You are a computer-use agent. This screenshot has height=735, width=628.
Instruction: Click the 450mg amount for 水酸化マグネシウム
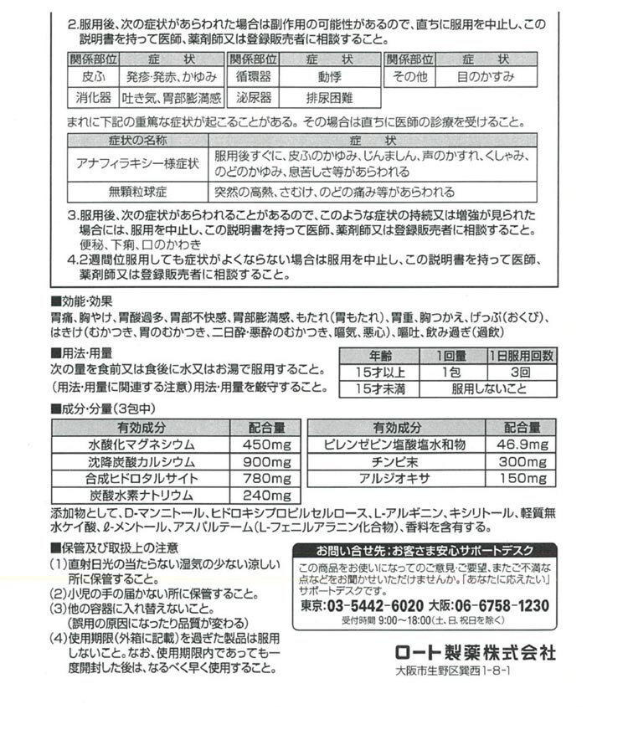(x=265, y=445)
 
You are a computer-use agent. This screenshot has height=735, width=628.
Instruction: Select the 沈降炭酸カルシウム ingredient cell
(x=142, y=461)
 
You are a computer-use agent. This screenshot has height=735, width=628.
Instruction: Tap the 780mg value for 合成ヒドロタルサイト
(x=265, y=478)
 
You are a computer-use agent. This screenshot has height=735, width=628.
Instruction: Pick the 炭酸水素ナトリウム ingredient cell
(x=142, y=495)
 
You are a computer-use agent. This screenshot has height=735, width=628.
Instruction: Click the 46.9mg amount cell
(x=522, y=445)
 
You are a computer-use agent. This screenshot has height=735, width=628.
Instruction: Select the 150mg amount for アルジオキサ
(x=522, y=478)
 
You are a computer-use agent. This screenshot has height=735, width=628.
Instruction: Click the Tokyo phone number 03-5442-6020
(x=362, y=606)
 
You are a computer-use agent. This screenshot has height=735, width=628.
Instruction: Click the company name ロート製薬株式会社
(x=474, y=652)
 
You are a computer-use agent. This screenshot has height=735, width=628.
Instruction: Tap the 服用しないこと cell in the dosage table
(x=489, y=389)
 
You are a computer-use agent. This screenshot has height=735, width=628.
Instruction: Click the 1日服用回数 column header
(x=522, y=354)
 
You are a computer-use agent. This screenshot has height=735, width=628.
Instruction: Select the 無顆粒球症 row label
(x=136, y=191)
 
